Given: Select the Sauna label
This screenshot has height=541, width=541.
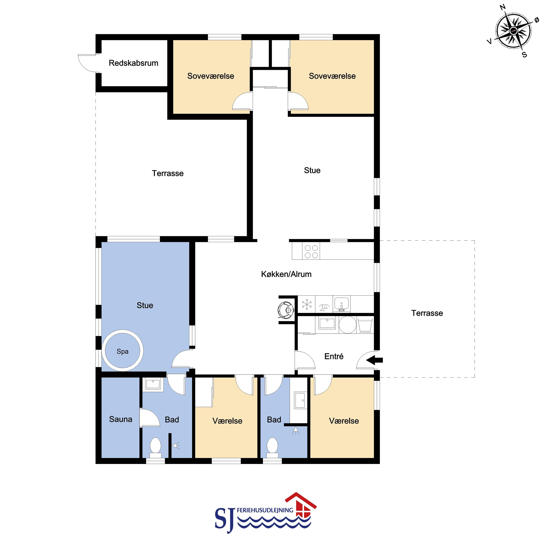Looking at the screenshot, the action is pyautogui.click(x=120, y=419).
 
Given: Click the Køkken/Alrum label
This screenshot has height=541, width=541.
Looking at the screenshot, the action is pyautogui.click(x=286, y=274).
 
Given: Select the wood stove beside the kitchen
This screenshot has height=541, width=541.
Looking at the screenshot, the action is pyautogui.click(x=286, y=310).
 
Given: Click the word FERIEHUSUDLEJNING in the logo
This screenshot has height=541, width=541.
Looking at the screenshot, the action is pyautogui.click(x=265, y=510).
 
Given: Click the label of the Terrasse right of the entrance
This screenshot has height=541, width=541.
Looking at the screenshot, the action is pyautogui.click(x=427, y=313).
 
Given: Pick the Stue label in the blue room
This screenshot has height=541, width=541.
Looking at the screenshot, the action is pyautogui.click(x=145, y=305).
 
